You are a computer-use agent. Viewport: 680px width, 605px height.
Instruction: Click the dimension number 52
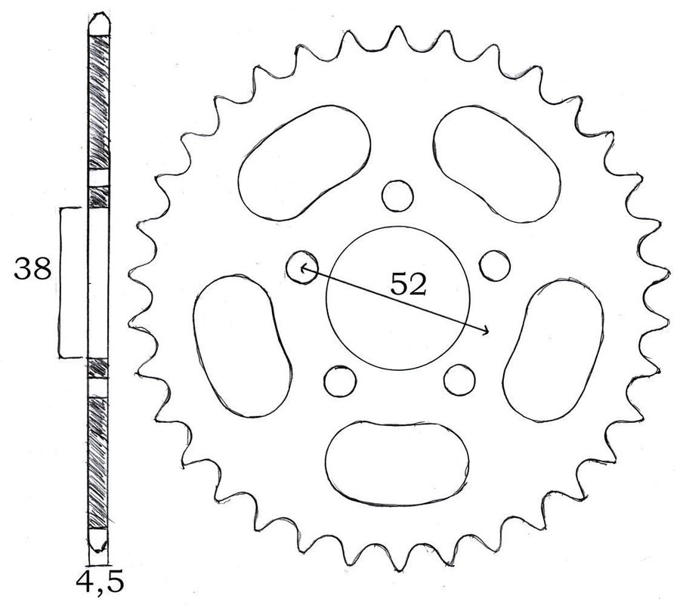click(409, 284)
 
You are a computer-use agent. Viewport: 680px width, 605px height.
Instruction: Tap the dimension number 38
click(32, 268)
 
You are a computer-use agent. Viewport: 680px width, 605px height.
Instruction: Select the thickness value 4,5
click(100, 583)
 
